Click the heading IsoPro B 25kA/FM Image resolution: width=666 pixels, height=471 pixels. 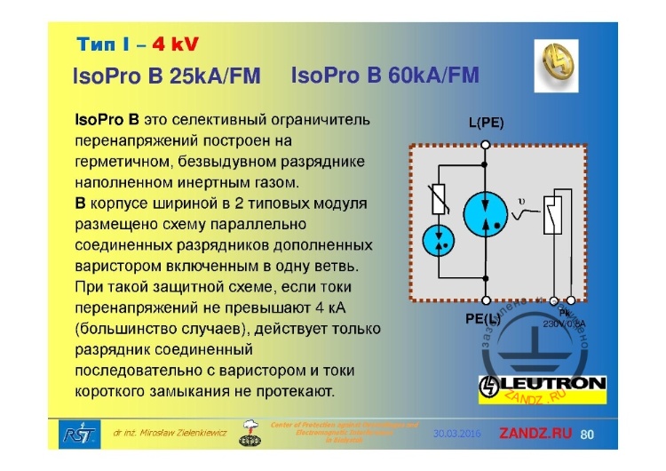pos(166,77)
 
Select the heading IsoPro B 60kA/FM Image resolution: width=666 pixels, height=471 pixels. pos(384,76)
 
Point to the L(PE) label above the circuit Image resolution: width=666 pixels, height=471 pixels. pos(486,123)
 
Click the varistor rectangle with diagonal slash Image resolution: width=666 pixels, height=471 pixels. pos(438,200)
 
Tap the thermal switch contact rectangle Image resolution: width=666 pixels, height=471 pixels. pos(555,214)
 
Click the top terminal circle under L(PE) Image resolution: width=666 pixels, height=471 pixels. pos(486,140)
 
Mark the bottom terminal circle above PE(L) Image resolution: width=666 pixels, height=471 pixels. pos(486,300)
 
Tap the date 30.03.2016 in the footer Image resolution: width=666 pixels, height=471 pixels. pos(457,435)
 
